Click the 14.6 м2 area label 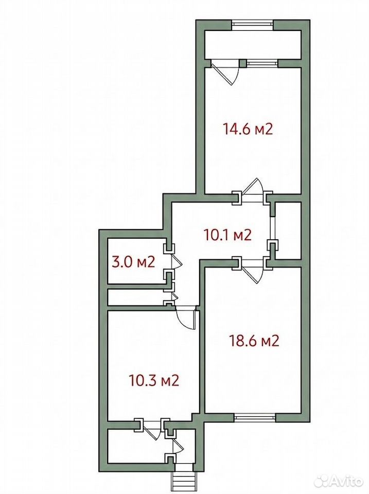click(x=248, y=129)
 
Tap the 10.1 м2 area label click(x=228, y=235)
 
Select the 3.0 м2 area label click(x=133, y=262)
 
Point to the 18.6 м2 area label click(x=255, y=341)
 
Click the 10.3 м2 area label click(x=154, y=381)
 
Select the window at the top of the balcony click(x=252, y=25)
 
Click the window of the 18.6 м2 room click(x=255, y=417)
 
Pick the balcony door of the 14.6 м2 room click(x=225, y=73)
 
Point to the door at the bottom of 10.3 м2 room click(x=151, y=430)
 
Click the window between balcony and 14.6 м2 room click(x=262, y=63)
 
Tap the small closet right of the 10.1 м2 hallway click(x=288, y=231)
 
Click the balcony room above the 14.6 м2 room click(x=252, y=44)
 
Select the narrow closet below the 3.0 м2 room click(x=137, y=297)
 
